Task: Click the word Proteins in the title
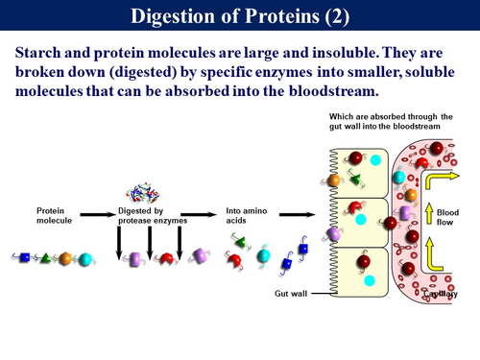click(x=291, y=15)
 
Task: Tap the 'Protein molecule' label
click(x=55, y=215)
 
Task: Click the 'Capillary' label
click(x=445, y=294)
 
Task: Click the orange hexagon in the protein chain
click(x=64, y=258)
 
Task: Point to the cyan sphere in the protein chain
click(x=84, y=258)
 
